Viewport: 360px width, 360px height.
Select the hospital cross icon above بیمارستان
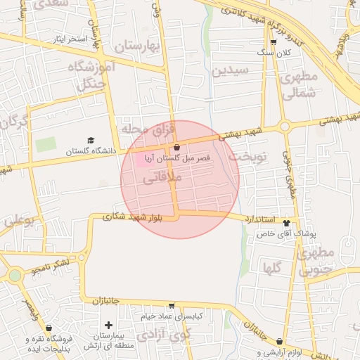point(108,325)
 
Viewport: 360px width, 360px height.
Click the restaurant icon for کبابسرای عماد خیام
point(171,307)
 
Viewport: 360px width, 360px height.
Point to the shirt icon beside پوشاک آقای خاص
point(286,221)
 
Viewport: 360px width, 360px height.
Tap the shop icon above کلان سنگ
point(274,42)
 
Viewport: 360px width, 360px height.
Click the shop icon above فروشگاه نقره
point(49,328)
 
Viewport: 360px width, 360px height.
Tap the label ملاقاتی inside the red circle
point(162,180)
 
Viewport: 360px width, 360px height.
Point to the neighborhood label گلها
point(272,268)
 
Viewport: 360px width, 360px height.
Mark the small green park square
point(46,145)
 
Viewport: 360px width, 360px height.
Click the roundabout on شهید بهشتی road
point(285,127)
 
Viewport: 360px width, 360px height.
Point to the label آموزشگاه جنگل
point(87,75)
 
